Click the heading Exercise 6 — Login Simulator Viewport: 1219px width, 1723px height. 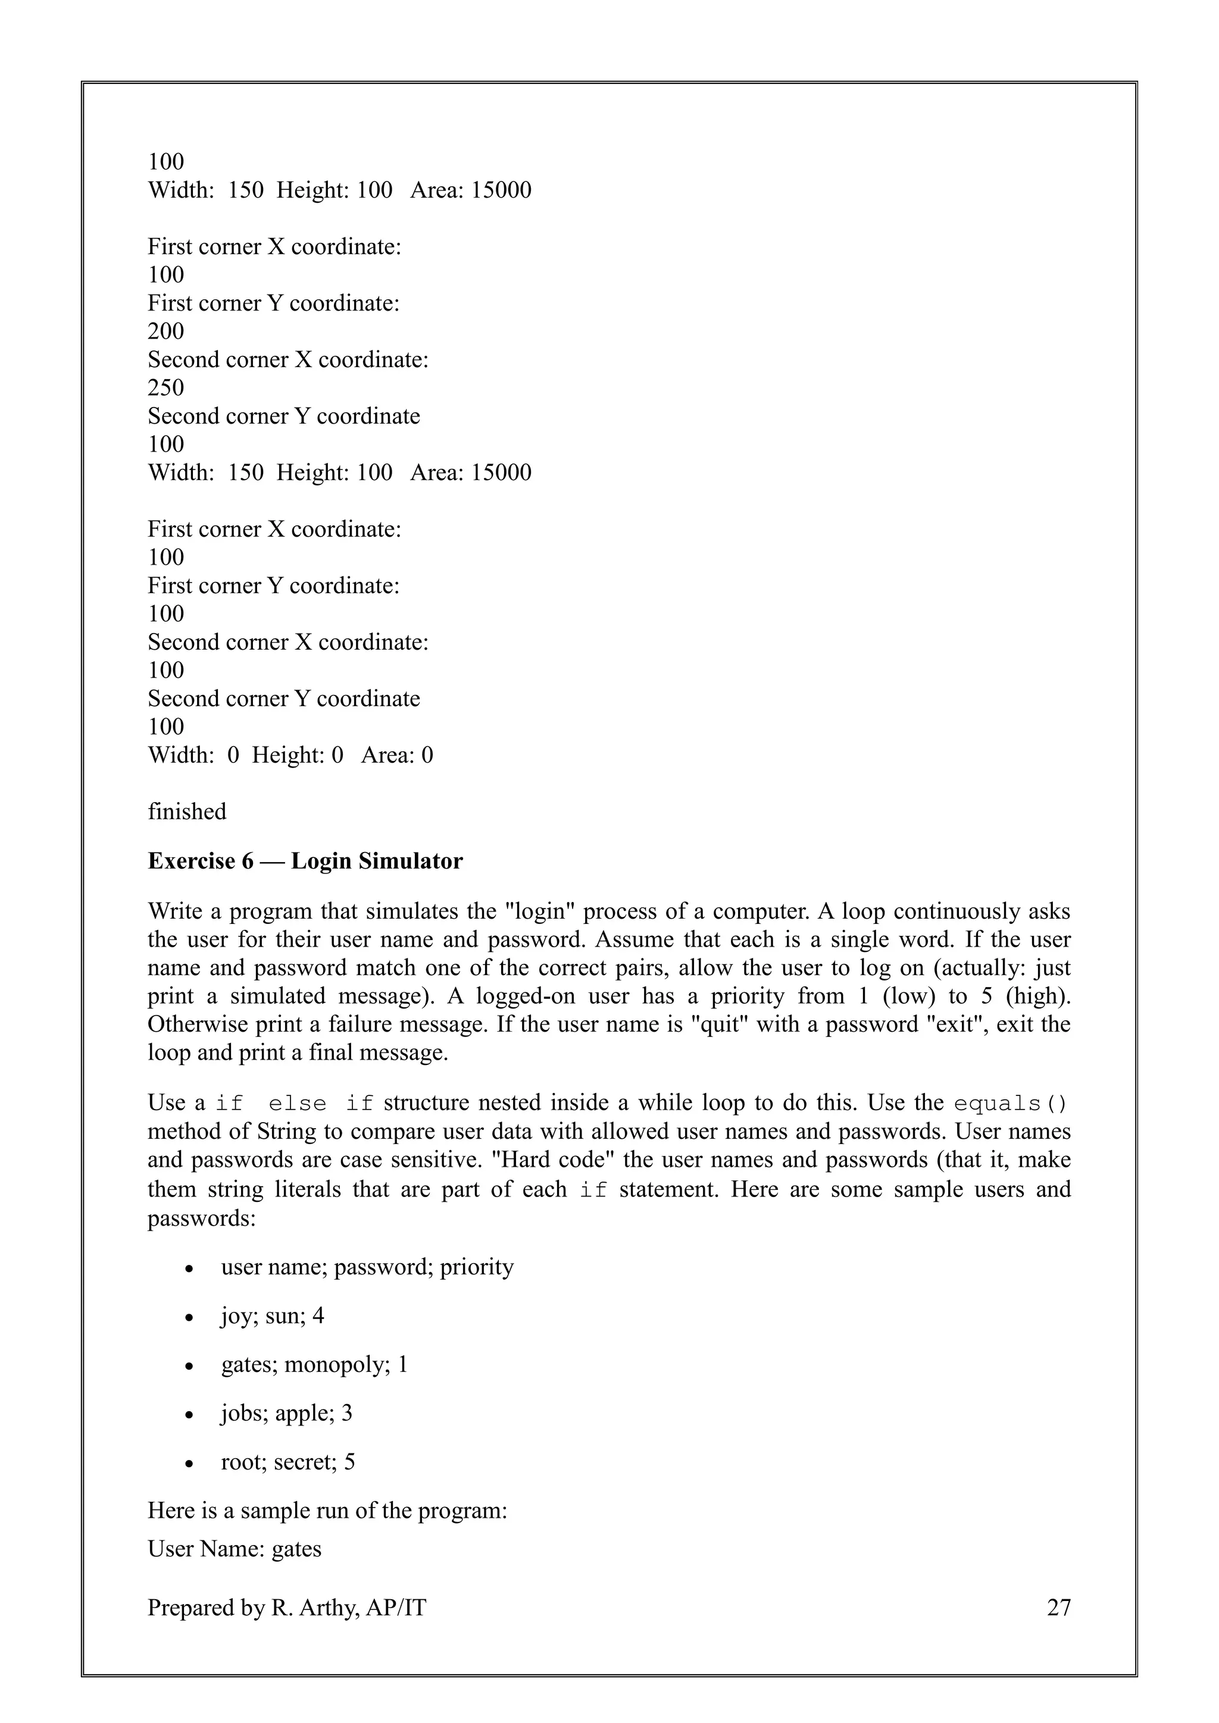(305, 861)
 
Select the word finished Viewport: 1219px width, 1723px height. (187, 811)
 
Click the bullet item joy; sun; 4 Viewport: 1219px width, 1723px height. (272, 1315)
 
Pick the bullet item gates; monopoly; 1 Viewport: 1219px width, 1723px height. (314, 1364)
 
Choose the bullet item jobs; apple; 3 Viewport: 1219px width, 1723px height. (286, 1413)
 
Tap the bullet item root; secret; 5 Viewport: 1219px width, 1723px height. (287, 1462)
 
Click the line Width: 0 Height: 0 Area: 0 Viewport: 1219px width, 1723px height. (290, 755)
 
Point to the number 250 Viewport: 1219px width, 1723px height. (166, 387)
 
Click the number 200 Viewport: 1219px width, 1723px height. (166, 331)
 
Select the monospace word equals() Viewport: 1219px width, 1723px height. (1010, 1104)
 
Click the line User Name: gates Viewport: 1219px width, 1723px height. (234, 1548)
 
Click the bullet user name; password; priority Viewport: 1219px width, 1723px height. (367, 1267)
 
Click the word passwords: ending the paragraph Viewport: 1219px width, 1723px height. (202, 1218)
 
